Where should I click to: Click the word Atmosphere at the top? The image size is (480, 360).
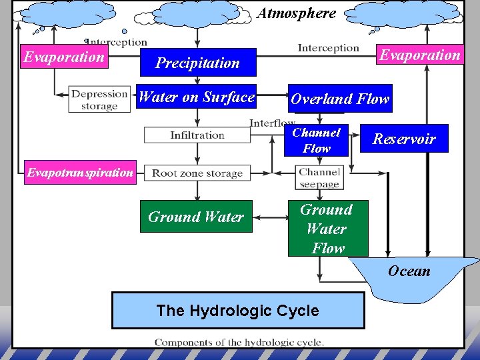(x=297, y=13)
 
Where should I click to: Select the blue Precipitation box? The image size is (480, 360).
(x=197, y=63)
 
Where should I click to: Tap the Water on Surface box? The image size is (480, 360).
(x=196, y=97)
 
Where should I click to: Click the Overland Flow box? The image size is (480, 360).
(x=339, y=99)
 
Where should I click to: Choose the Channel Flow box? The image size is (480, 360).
(x=317, y=141)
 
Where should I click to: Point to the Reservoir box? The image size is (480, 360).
(x=404, y=139)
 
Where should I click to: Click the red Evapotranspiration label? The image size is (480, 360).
(x=79, y=173)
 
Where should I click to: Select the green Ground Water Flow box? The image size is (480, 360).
(x=327, y=229)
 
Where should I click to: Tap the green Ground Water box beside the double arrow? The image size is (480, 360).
(x=196, y=217)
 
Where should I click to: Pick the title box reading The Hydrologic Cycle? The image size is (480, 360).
(x=237, y=311)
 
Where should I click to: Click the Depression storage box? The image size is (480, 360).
(x=99, y=100)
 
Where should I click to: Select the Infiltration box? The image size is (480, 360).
(x=197, y=135)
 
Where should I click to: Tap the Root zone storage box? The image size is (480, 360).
(x=197, y=173)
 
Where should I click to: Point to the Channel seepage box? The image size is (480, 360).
(x=319, y=178)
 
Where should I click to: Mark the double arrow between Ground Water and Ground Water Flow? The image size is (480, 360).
(x=270, y=217)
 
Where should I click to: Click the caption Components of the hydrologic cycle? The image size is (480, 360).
(x=239, y=343)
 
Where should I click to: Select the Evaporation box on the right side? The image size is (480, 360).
(x=419, y=55)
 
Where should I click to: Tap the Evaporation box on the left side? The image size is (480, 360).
(x=64, y=57)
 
